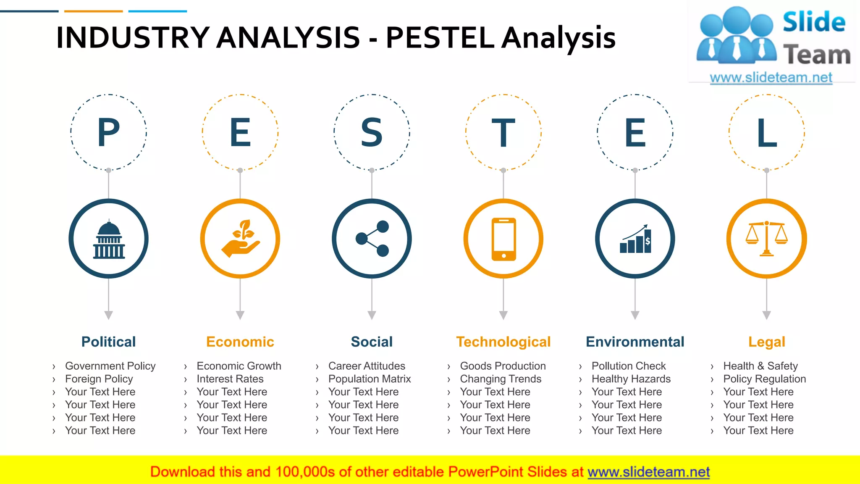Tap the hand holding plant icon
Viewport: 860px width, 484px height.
[x=240, y=239]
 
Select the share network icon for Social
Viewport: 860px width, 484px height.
[x=372, y=239]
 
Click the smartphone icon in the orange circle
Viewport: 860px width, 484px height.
[x=503, y=239]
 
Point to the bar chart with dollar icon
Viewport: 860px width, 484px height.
[x=635, y=239]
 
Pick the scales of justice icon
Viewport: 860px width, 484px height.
[x=767, y=239]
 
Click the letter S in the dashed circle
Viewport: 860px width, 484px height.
[x=372, y=133]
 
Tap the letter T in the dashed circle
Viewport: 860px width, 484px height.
[x=503, y=133]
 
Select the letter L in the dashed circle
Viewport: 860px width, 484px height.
[x=767, y=133]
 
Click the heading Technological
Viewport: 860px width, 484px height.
[x=503, y=342]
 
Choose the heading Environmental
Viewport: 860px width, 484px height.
[x=635, y=342]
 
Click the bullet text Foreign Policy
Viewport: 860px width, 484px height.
[x=99, y=379]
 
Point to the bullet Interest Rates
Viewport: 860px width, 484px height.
[x=230, y=379]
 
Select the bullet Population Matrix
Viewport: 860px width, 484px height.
[x=370, y=379]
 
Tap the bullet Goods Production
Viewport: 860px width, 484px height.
[x=503, y=366]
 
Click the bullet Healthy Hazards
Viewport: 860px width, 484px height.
[x=631, y=379]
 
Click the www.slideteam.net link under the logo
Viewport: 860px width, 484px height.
[x=771, y=77]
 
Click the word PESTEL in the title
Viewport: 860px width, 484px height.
[x=440, y=38]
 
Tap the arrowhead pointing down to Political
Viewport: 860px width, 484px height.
[x=109, y=315]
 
